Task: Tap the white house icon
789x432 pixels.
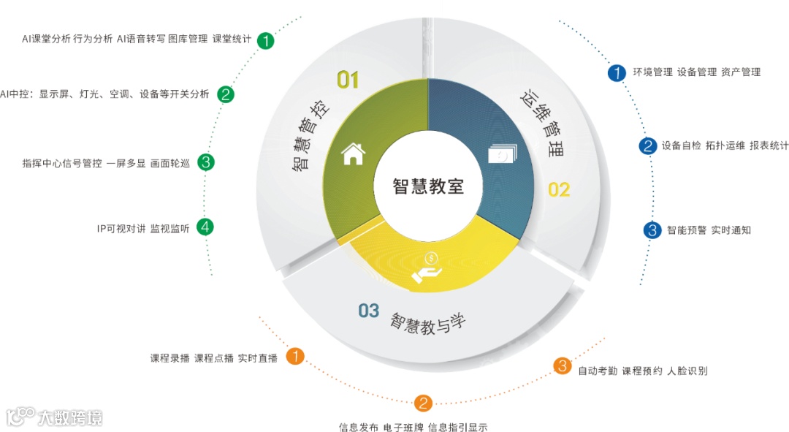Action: coord(353,154)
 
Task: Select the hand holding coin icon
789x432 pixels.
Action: coord(427,267)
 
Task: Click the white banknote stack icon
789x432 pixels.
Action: coord(503,155)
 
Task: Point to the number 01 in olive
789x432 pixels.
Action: coord(348,80)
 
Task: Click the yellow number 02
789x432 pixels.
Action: coord(559,190)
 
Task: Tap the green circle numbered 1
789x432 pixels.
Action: coord(266,40)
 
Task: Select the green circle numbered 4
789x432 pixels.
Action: coord(206,227)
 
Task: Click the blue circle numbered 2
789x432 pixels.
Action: coord(647,145)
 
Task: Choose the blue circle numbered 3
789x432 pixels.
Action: coord(652,230)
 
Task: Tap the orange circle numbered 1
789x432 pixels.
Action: coord(294,357)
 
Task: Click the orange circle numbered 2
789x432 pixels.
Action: coord(424,403)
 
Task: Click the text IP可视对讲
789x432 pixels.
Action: coord(121,229)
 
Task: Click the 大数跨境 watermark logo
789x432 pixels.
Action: coord(55,417)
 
